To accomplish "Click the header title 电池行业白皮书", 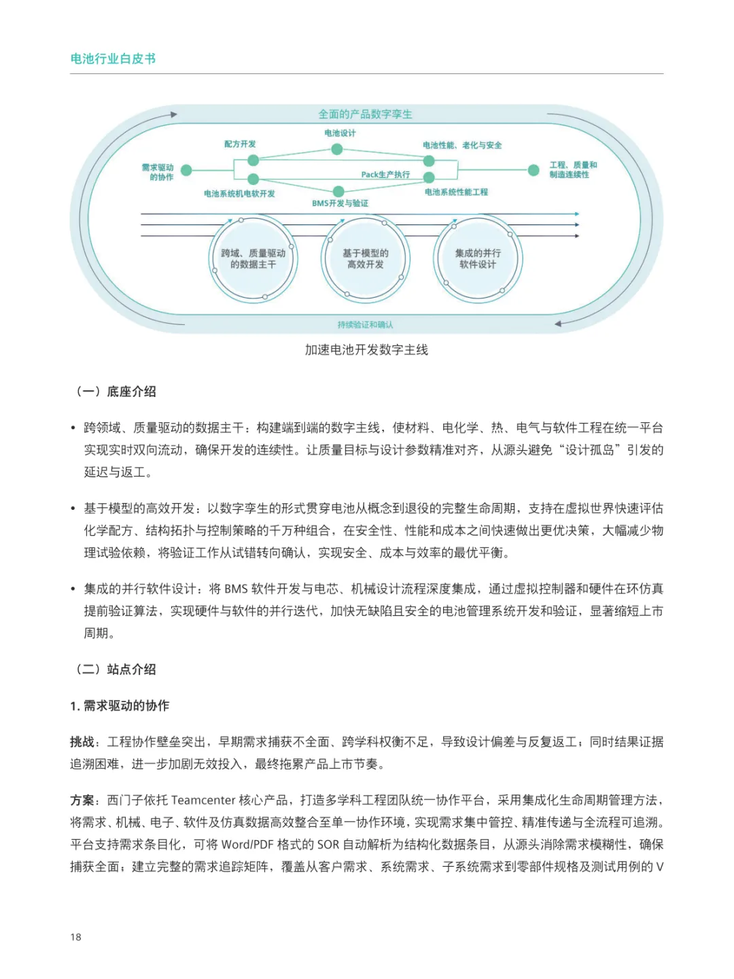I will [x=113, y=59].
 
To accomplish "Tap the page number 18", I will [x=75, y=937].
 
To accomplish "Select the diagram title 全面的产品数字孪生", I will [x=365, y=114].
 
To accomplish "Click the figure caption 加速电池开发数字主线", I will [x=366, y=350].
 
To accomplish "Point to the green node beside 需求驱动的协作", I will [x=186, y=170].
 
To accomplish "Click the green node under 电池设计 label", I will [x=337, y=150].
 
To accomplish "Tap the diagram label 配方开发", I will [x=240, y=144].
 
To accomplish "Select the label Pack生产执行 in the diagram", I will [x=385, y=175].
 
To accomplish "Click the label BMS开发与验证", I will [x=340, y=203].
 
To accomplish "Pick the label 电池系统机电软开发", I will [x=239, y=194].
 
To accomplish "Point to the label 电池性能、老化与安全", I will [x=462, y=145].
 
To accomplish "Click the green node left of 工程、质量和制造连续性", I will [x=534, y=170].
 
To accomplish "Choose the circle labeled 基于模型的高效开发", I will [x=366, y=259].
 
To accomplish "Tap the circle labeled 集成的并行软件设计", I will [x=478, y=259].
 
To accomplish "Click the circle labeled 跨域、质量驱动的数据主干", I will [x=253, y=259].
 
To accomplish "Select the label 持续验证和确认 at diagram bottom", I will [x=365, y=325].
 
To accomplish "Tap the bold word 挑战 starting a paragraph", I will [x=82, y=742].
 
